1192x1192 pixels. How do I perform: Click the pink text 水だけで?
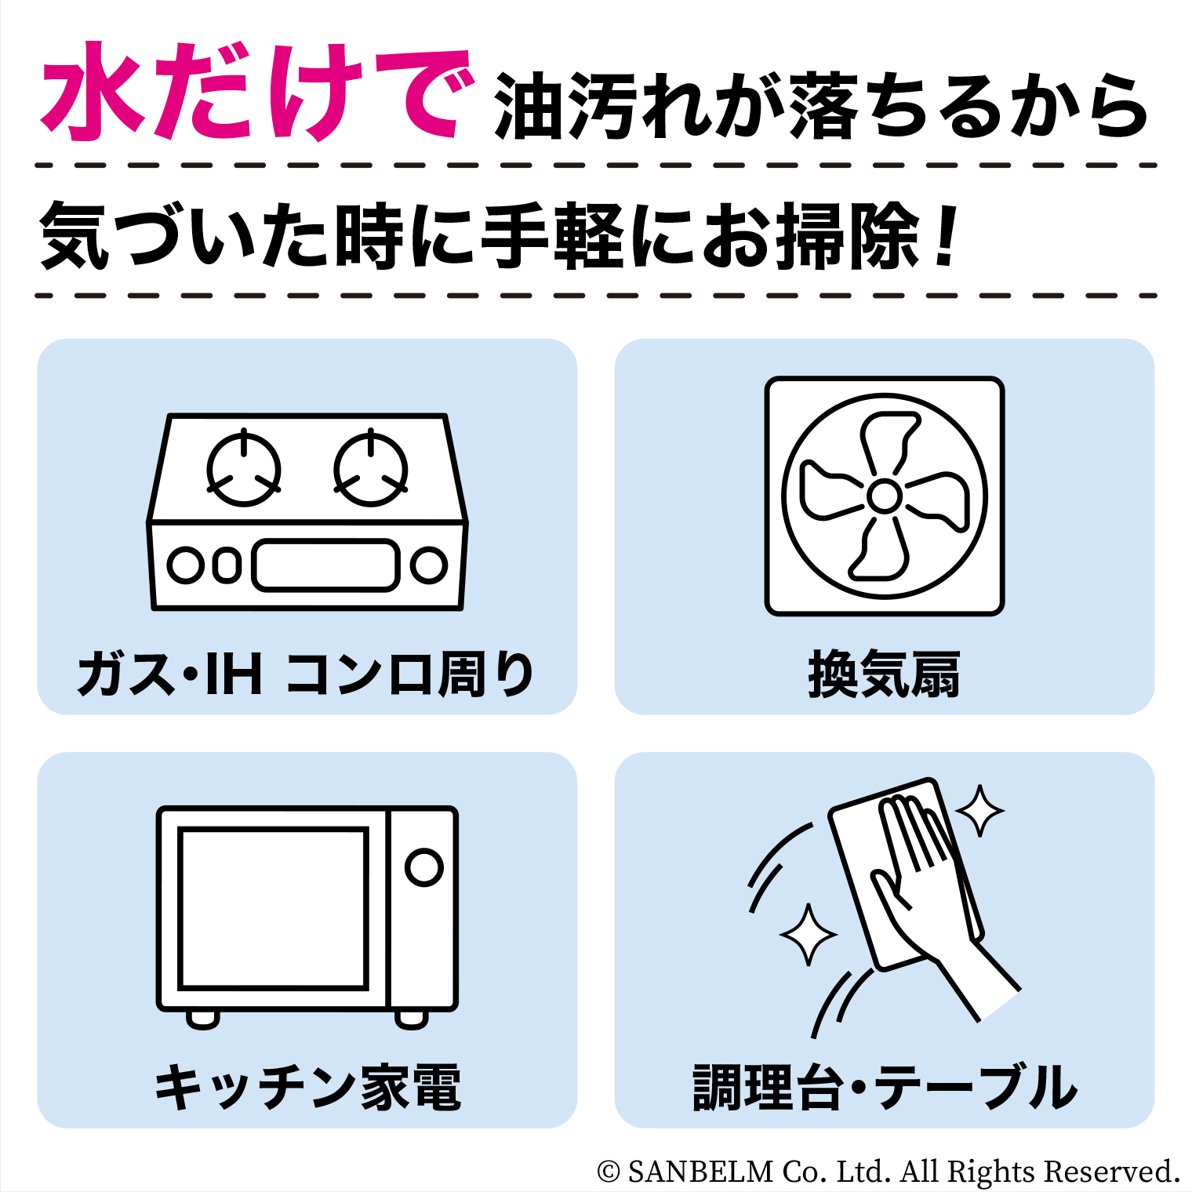[257, 92]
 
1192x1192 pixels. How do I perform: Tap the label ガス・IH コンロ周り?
[306, 674]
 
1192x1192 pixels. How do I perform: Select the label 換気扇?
[884, 674]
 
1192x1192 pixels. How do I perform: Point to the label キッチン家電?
[307, 1087]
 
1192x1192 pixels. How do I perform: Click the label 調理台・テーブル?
[885, 1087]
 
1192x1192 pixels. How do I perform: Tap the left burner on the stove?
[244, 469]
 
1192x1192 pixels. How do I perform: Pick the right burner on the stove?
[370, 469]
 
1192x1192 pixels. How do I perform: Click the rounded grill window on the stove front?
[325, 565]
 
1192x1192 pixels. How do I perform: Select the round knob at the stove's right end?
[429, 565]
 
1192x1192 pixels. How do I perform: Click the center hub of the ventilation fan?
[885, 496]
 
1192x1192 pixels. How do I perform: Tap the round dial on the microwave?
[424, 867]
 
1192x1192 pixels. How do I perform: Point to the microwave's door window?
[274, 908]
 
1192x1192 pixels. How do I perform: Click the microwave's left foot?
[203, 1019]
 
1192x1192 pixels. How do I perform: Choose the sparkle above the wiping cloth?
[979, 810]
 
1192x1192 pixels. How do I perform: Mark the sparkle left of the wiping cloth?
[808, 934]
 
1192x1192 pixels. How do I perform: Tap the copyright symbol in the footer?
[609, 1172]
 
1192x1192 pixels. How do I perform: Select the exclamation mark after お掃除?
[947, 234]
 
